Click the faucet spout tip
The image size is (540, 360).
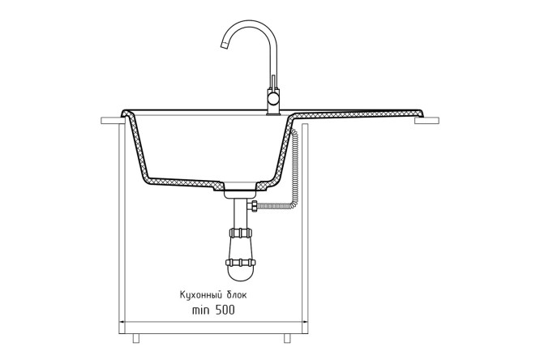[x=224, y=45]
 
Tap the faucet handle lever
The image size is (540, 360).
[x=273, y=83]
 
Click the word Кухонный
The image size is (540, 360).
[x=200, y=296]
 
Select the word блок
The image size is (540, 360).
[x=237, y=295]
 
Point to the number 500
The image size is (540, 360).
[x=225, y=310]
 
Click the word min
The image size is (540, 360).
[x=199, y=310]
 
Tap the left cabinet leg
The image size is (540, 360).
[x=136, y=338]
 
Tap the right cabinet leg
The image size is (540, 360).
[x=287, y=338]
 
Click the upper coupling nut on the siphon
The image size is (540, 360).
[x=241, y=233]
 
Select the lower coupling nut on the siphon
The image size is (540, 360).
[x=241, y=263]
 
